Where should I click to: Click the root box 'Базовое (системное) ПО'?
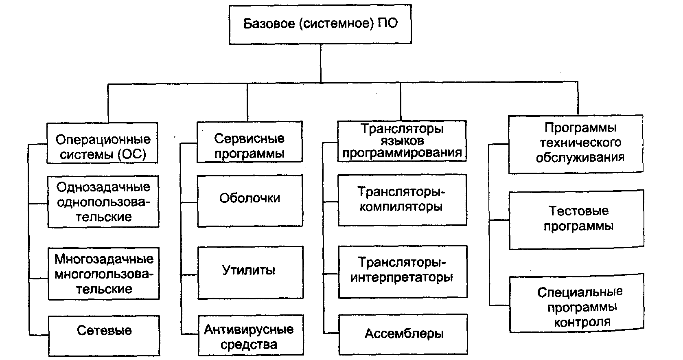coord(320,24)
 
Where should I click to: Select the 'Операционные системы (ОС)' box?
coord(103,143)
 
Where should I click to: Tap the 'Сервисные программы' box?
coord(250,142)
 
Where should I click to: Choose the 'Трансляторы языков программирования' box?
coord(402,141)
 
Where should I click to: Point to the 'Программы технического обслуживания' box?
coord(576,144)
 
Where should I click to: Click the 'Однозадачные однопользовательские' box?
coord(103,202)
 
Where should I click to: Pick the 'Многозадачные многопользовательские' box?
coord(104,274)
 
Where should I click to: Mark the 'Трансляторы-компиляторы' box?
coord(402,200)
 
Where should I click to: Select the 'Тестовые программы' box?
coord(577,219)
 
